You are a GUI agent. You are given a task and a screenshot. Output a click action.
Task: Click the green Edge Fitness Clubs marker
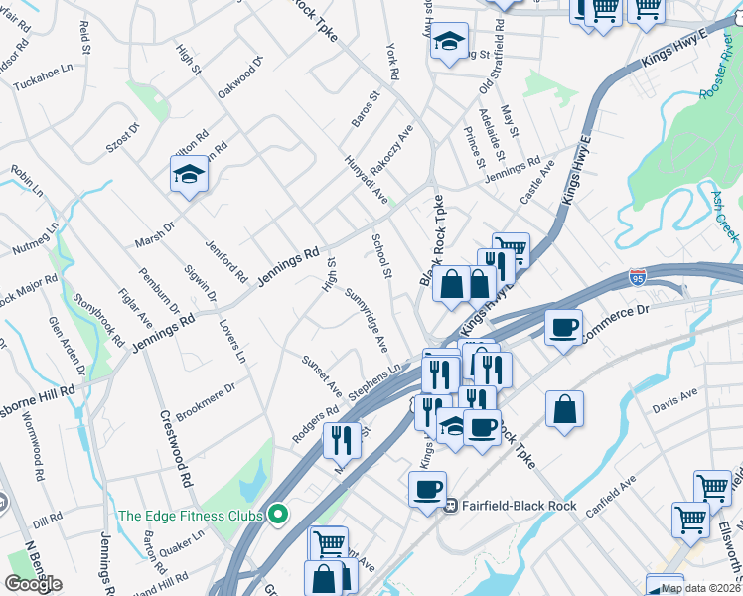[278, 515]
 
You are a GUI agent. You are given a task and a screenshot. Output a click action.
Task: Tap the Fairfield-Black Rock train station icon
[451, 505]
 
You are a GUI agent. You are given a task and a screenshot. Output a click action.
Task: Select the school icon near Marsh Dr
[189, 175]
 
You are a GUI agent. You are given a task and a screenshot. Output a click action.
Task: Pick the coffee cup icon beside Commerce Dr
[563, 327]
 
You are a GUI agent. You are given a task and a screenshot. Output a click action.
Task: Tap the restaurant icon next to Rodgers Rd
[342, 438]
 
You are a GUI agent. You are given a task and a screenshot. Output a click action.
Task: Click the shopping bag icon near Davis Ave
[564, 408]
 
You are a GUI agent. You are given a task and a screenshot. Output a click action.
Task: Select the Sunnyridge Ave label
[367, 321]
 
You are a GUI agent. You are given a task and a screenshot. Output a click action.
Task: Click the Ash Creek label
[724, 218]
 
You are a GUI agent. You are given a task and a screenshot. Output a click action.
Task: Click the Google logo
[33, 584]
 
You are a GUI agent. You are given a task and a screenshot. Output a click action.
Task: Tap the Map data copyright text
[700, 588]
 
